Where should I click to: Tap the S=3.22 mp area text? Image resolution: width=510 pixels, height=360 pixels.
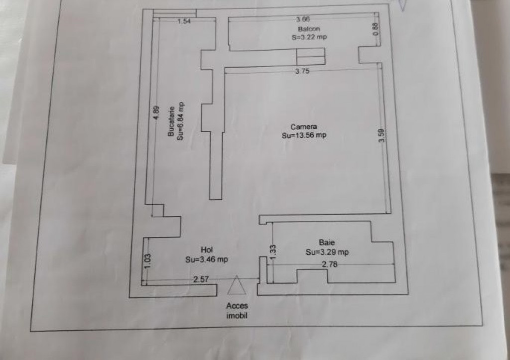(x=309, y=37)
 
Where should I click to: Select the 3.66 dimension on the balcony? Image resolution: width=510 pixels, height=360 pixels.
(x=302, y=19)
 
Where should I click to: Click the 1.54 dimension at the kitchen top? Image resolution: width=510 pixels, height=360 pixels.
(x=184, y=21)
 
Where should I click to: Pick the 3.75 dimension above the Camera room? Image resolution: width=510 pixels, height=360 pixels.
(x=302, y=71)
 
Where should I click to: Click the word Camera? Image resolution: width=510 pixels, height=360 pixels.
(x=303, y=127)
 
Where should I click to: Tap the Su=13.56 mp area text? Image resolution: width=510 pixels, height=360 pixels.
(x=304, y=135)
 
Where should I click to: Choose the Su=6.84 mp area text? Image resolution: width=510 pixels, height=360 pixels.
(x=180, y=120)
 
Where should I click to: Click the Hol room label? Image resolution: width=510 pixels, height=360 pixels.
(x=207, y=250)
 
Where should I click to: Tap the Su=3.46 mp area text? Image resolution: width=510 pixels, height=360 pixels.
(x=207, y=259)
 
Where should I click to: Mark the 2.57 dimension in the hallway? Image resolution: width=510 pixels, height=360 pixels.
(x=201, y=279)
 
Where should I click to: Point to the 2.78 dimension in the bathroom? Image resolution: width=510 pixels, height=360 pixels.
(x=330, y=264)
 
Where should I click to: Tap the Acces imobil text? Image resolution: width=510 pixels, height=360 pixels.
(x=237, y=310)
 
